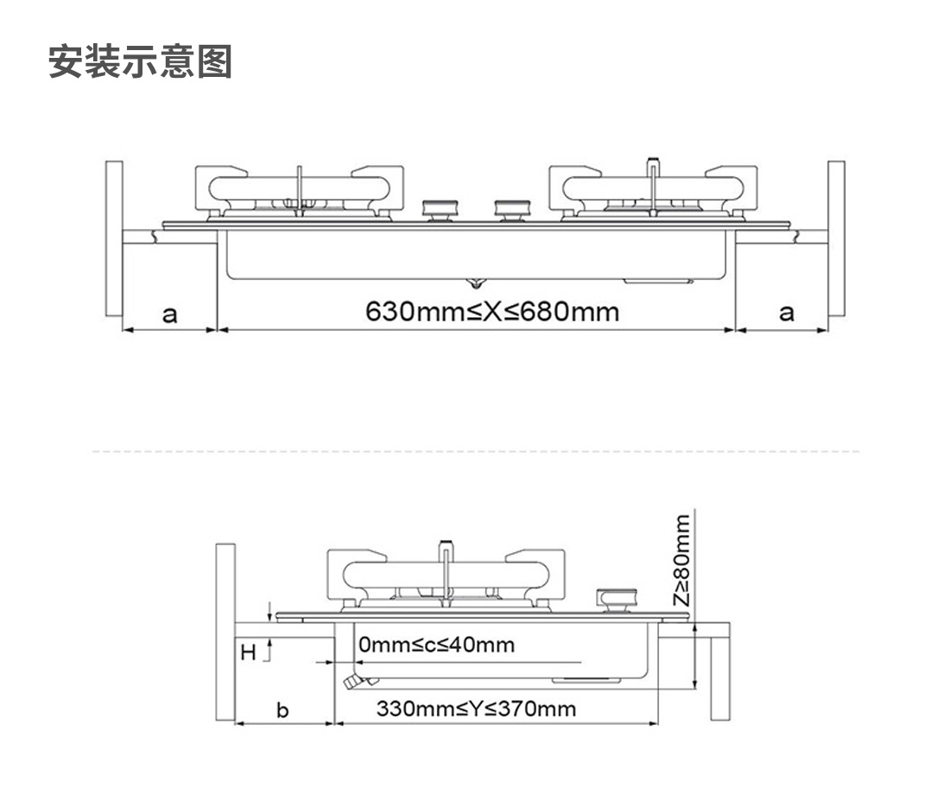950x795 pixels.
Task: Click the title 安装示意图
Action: [140, 61]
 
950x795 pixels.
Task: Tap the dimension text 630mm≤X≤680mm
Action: [492, 312]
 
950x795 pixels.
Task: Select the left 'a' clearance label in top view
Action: [169, 315]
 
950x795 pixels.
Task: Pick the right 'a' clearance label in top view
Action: [786, 313]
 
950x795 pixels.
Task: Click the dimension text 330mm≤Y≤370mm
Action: [476, 709]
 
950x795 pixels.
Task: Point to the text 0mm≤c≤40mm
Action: [436, 644]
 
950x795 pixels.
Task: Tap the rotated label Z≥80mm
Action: [682, 560]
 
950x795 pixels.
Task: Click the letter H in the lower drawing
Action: [249, 652]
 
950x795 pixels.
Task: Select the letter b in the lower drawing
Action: [282, 709]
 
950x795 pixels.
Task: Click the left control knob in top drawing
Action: [442, 210]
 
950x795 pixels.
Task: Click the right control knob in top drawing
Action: [514, 210]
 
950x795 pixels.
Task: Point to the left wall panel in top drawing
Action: [114, 238]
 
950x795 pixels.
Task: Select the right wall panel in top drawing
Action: [836, 238]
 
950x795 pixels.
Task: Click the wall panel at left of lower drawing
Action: [225, 632]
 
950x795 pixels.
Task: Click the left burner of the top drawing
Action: [300, 192]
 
